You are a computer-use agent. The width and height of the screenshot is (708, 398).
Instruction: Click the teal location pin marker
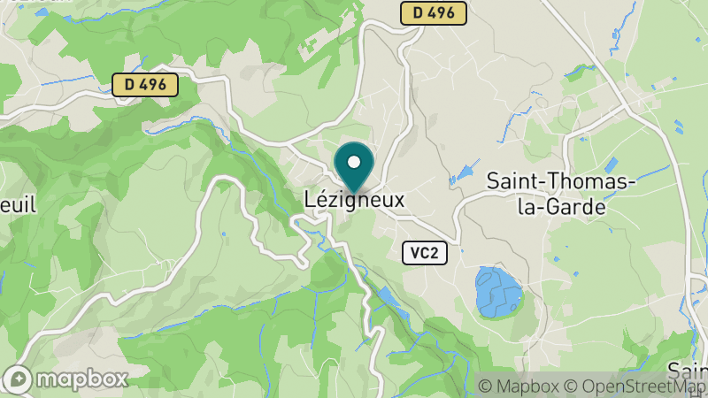coord(354,167)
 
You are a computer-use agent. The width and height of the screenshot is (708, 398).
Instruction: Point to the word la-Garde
coord(563,208)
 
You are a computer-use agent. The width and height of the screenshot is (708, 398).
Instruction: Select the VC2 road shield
coord(424,253)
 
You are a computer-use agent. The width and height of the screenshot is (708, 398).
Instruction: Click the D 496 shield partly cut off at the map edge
coord(433,12)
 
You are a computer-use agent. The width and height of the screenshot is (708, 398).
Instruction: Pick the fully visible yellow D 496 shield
coord(146,85)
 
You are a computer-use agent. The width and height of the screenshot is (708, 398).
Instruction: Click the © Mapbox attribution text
coord(519,387)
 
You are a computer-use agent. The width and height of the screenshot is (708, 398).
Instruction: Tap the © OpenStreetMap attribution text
coord(634,387)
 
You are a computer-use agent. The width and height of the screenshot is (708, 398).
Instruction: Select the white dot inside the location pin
coord(354,162)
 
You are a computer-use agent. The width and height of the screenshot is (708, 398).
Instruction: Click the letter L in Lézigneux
coord(309,201)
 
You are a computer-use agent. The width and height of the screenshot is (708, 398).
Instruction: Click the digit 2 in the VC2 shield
coord(434,253)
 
